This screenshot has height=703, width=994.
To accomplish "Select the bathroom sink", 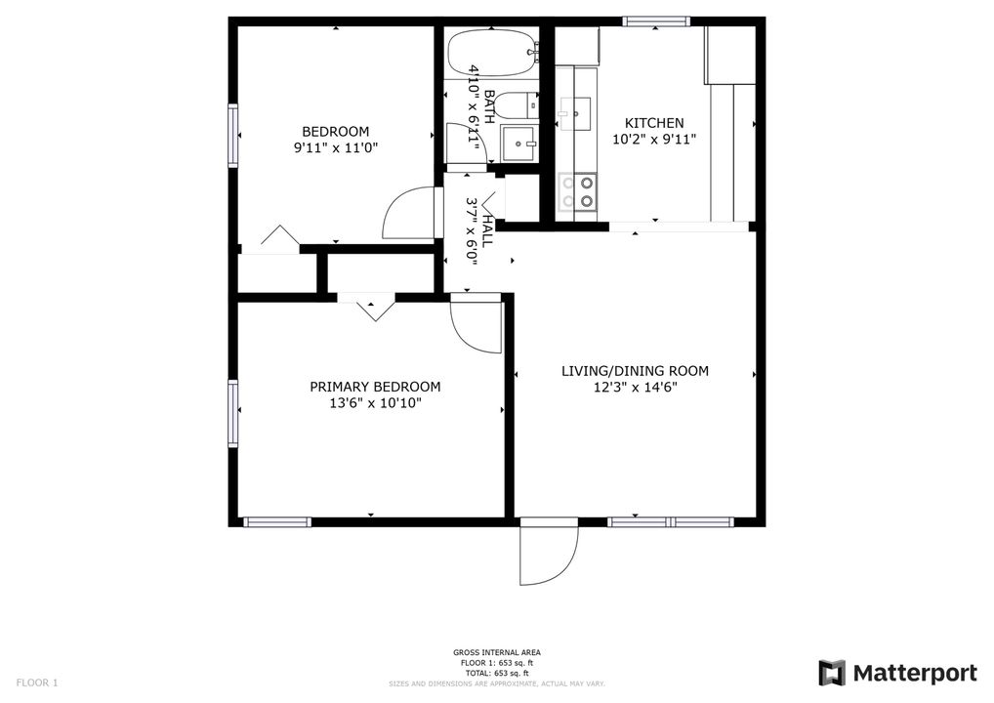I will pos(519,143).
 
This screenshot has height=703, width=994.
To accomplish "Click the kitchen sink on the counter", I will pos(575,113).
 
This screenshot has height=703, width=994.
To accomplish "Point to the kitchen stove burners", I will pos(579,191).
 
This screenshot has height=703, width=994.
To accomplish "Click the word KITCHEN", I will pos(654,123).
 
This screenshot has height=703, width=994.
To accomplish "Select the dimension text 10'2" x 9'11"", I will pos(654,140).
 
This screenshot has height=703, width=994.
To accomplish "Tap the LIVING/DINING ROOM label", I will pos(635,371).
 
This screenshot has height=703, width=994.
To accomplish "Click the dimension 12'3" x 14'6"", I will pos(635,388).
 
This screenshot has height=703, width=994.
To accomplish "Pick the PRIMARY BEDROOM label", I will pos(375,387).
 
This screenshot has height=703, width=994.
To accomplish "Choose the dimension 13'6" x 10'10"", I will pos(375,403).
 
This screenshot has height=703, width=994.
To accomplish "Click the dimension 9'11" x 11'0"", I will pos(335,148).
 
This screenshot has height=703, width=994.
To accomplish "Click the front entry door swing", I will pos(547,555).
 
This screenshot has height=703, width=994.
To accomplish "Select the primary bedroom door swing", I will pos(474,327).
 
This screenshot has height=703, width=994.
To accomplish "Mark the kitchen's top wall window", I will pos(656,21).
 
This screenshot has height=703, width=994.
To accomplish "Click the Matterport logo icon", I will pos(832,673).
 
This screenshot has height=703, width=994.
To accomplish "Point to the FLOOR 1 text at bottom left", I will pos(37,682).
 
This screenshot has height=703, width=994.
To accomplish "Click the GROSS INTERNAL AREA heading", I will pos(497,652).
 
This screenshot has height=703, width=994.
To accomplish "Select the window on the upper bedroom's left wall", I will pos(233,135).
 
